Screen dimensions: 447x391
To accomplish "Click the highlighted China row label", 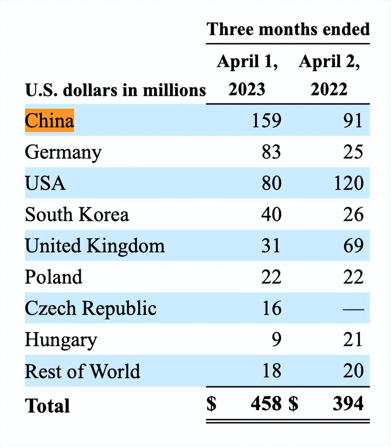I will tap(49, 120).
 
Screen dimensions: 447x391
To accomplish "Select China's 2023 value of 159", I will tap(267, 120).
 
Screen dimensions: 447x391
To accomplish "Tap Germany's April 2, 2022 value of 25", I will tap(353, 152).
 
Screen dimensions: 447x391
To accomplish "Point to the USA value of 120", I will tap(348, 183).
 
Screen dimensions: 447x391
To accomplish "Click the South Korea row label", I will tap(76, 215).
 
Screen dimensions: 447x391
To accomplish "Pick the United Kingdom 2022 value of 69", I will tap(353, 246).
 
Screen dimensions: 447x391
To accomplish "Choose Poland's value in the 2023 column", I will tap(271, 277).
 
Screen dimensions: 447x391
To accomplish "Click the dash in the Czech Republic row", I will tap(353, 309).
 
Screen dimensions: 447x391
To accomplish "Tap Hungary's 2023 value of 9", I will tap(276, 340).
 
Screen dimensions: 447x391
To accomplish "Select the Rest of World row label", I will tap(82, 371).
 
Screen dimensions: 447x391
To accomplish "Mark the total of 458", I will tap(266, 404).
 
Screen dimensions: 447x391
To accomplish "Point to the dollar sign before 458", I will tap(211, 404).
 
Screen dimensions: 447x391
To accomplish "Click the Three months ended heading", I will tap(288, 29).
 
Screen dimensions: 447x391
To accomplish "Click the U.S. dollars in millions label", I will tap(115, 90).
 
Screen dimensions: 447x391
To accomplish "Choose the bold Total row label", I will tap(47, 405).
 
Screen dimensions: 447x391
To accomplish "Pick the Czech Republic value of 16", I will tap(271, 308).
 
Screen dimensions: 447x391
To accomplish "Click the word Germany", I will tap(63, 152).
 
